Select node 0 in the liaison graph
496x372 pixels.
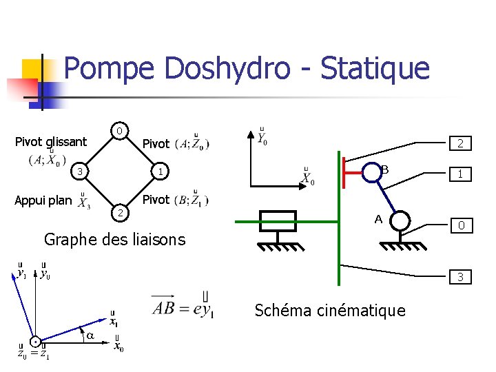coord(119,131)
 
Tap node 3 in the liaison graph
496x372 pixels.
coord(80,171)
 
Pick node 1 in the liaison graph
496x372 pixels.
coord(158,171)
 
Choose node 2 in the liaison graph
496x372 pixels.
coord(119,210)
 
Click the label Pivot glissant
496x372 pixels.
coord(51,142)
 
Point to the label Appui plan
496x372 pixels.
coord(43,200)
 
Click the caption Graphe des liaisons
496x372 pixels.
coord(114,239)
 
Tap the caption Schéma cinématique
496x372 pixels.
coord(330,310)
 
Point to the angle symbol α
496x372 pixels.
coord(91,335)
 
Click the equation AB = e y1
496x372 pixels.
coord(183,308)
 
